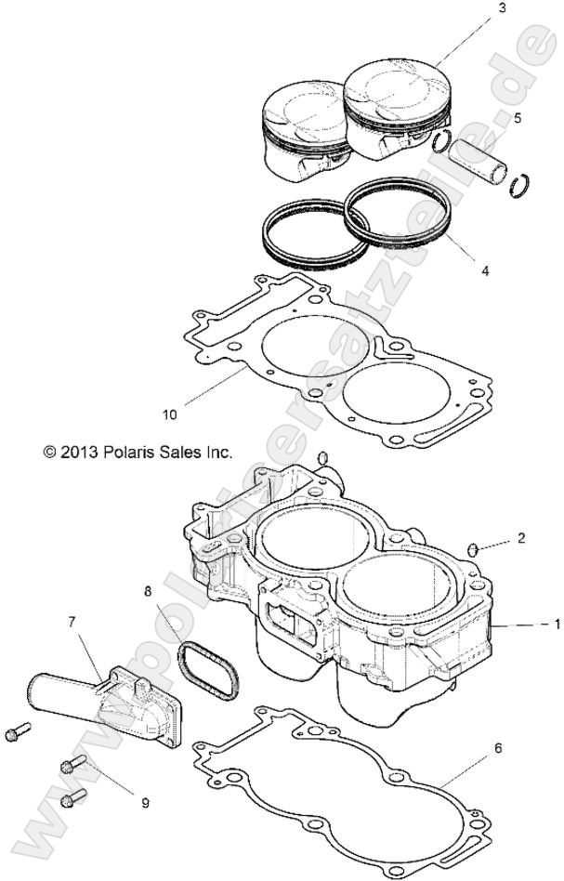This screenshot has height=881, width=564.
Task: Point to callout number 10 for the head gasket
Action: click(169, 414)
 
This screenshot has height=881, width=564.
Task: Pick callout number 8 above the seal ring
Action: click(147, 590)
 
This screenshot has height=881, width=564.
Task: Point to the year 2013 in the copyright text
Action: click(76, 453)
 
